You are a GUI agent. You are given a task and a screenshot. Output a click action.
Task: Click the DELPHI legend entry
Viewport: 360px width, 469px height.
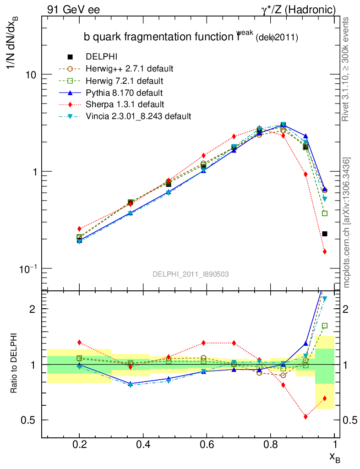tap(102, 57)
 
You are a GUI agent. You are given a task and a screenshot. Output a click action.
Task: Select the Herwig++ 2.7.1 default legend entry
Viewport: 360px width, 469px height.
tap(129, 69)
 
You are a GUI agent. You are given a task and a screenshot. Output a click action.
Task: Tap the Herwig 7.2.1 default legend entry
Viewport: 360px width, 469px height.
tap(124, 81)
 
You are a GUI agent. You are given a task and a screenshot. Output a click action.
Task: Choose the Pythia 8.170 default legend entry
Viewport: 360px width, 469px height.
tap(124, 93)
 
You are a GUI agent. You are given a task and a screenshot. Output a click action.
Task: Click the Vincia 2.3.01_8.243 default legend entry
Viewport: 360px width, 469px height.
tap(138, 116)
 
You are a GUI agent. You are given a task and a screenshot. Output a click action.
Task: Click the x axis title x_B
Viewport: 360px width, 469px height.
tap(335, 457)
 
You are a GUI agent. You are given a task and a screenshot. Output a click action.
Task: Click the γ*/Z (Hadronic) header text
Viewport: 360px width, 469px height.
tap(298, 9)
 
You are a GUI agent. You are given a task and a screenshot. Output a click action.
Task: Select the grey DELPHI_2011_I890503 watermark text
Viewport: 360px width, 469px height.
tap(191, 274)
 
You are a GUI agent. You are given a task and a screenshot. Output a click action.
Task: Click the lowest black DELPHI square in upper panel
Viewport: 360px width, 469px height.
tap(325, 234)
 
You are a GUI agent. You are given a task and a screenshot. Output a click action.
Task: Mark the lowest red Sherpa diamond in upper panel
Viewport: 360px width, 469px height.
tap(325, 251)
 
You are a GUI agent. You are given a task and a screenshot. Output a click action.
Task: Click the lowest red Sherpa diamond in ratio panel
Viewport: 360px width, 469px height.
tap(305, 416)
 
